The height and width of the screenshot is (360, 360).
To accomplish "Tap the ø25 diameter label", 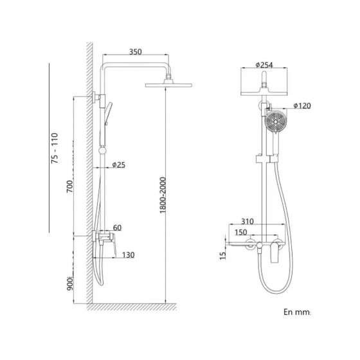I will coord(118,165).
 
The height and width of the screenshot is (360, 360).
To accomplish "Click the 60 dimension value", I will coord(118,227).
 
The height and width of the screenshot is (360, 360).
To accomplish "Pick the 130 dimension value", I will coord(127,255).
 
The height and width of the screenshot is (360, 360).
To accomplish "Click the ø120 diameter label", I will coord(303,105).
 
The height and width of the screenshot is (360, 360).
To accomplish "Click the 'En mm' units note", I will coord(296,312).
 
